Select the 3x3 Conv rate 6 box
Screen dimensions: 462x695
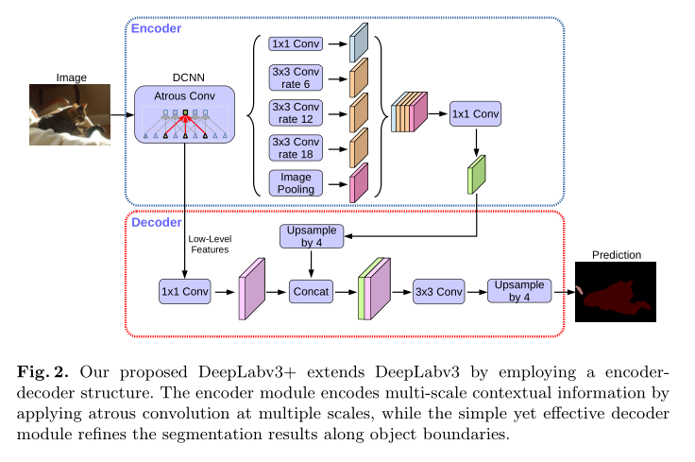point(296,77)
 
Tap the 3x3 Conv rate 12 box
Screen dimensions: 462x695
point(296,112)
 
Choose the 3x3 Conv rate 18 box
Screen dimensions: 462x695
point(296,147)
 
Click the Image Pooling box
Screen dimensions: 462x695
point(296,182)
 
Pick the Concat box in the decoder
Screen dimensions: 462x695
point(311,292)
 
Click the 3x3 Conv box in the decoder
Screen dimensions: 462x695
point(439,292)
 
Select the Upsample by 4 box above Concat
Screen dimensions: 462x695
point(311,237)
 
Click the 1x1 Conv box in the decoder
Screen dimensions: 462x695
point(184,292)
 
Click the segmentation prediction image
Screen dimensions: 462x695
point(616,293)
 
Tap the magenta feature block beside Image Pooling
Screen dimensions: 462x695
point(359,182)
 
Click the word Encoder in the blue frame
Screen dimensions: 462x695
point(156,28)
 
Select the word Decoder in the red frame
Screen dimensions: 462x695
point(156,223)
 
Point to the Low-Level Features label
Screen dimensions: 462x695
point(211,244)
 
